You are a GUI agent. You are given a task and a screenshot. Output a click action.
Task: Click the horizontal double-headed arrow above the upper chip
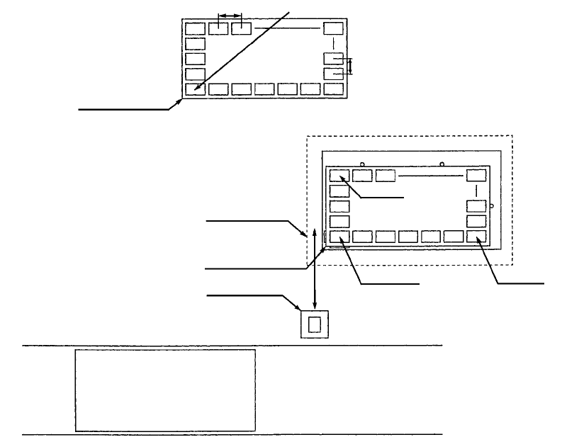pos(230,15)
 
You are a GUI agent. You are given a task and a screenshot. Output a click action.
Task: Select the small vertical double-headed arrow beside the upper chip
pos(349,67)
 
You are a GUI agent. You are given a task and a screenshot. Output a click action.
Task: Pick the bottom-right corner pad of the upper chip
pos(333,89)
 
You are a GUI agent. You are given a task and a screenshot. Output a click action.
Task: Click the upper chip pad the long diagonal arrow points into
pos(195,89)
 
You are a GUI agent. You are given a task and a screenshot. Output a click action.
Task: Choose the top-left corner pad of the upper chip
pos(195,29)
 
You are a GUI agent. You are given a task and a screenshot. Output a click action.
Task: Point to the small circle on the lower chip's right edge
pos(492,206)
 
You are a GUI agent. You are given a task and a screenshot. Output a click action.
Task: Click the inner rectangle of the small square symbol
pos(315,324)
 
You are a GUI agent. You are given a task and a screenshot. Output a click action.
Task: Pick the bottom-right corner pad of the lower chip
pos(476,237)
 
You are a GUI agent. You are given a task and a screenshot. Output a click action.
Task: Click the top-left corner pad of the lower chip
pos(339,176)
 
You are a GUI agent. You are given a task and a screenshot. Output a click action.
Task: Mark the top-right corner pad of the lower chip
pos(476,176)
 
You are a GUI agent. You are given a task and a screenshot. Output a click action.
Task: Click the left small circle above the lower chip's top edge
pos(362,165)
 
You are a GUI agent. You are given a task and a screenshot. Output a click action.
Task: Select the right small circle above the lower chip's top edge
pos(442,165)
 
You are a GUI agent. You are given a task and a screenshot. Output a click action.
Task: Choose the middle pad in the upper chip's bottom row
pos(264,89)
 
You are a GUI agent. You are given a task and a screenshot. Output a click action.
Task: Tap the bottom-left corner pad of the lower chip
pos(339,237)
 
